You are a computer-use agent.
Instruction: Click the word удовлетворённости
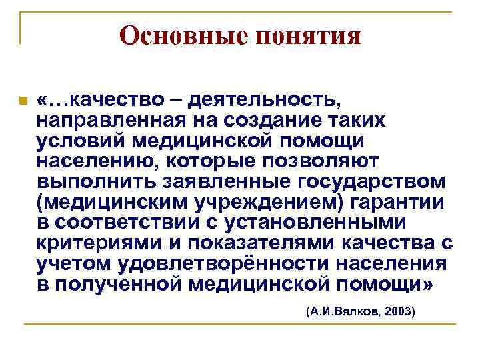pos(230,264)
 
